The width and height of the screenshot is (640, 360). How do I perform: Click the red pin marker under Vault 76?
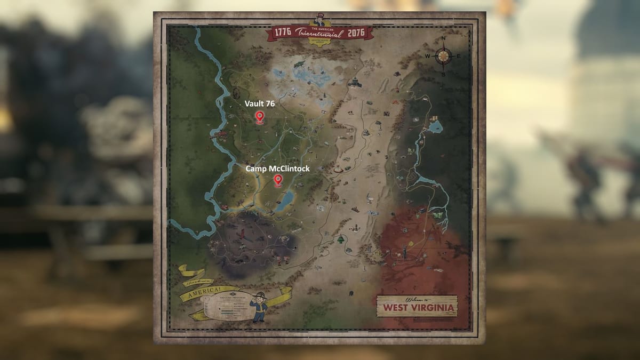coord(260,117)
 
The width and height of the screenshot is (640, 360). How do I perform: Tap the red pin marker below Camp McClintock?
coord(277,181)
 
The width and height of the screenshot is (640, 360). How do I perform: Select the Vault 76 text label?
coord(260,103)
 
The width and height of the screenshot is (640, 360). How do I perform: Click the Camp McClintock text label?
coord(277,169)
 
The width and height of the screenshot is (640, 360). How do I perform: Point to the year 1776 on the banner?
coord(281,33)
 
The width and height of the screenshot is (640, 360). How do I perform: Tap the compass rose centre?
coord(442,55)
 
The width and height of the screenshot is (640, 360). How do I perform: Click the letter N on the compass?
coord(443,39)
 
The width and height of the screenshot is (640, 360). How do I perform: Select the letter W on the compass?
coord(427,56)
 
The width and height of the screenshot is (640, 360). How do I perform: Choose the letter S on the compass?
coord(442,74)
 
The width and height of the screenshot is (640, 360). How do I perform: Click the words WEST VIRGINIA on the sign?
coord(416,308)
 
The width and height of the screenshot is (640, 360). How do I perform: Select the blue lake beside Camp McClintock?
coord(285,200)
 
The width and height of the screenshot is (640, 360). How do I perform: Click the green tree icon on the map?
coord(338,240)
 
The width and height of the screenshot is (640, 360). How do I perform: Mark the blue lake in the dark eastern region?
coord(436,126)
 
